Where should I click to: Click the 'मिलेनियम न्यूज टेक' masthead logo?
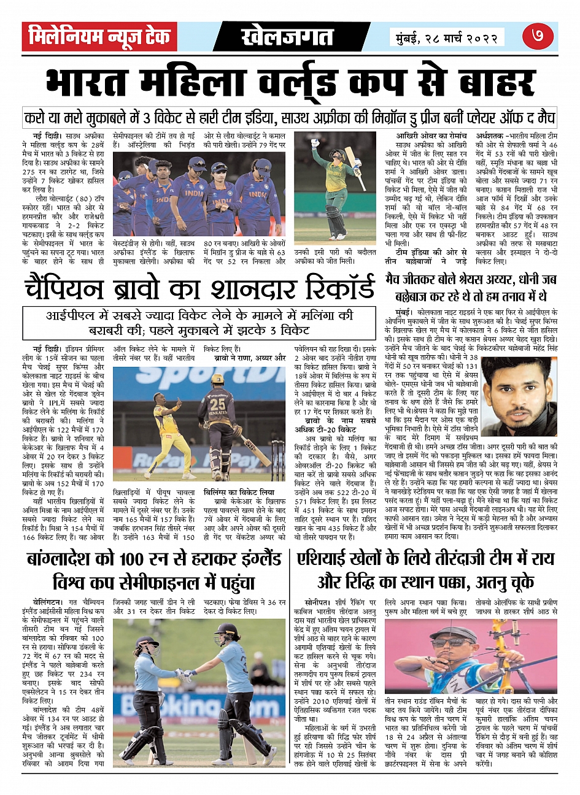(x=99, y=37)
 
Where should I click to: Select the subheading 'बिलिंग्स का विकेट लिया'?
(x=240, y=492)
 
